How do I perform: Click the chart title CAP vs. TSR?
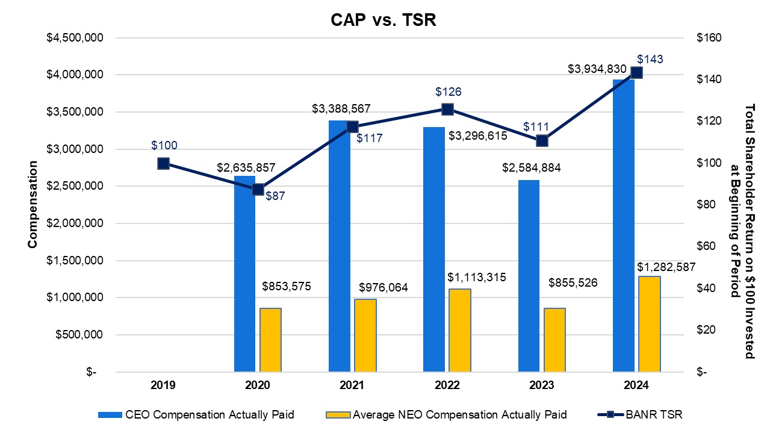(383, 20)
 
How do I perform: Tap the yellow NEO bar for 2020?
(270, 340)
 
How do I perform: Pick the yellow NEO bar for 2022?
(460, 331)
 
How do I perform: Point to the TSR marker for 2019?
(163, 164)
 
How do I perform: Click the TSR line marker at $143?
(636, 73)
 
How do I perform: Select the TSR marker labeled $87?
(258, 189)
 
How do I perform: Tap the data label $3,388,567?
(341, 109)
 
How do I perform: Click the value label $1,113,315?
(477, 277)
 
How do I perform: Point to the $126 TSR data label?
(448, 92)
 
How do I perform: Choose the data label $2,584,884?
(532, 168)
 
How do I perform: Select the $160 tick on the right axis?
(709, 38)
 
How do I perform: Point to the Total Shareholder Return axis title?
(741, 205)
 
